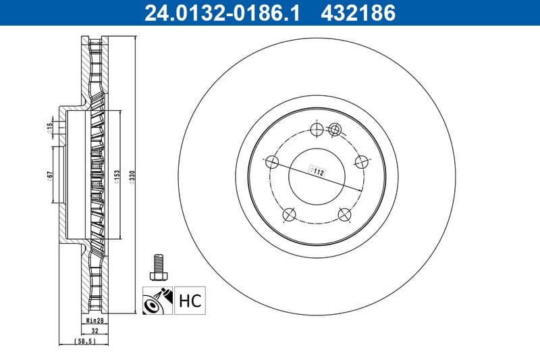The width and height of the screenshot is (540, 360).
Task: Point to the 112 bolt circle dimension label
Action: pyautogui.click(x=318, y=172)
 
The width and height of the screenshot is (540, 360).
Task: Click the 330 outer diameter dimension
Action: pyautogui.click(x=133, y=177)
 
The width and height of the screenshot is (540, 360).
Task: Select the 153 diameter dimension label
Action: pyautogui.click(x=117, y=177)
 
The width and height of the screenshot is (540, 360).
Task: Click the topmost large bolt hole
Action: pyautogui.click(x=317, y=130)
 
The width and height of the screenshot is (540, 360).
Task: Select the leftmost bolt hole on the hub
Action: pyautogui.click(x=272, y=162)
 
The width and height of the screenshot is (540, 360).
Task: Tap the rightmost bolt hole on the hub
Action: pyautogui.click(x=362, y=162)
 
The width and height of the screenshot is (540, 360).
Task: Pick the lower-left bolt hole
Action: pyautogui.click(x=289, y=214)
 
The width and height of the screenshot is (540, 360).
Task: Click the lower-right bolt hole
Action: pyautogui.click(x=345, y=214)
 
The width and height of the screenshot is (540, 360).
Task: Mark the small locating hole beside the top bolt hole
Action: pyautogui.click(x=335, y=128)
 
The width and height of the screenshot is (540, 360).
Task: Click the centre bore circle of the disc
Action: pyautogui.click(x=317, y=176)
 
